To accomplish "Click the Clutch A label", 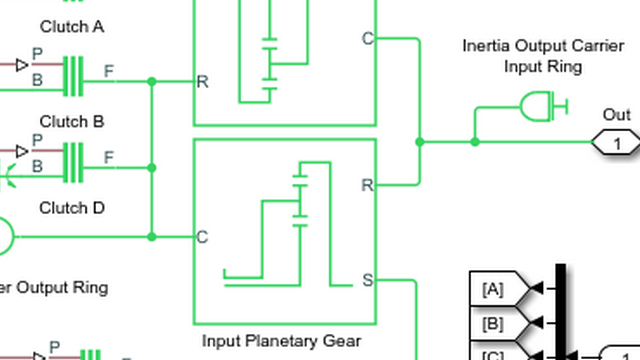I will coord(71,27).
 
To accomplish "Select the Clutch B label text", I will coord(71,122).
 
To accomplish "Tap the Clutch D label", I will coord(71,208).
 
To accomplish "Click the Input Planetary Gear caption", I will coord(281,341).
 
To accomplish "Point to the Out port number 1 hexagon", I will coord(617,143).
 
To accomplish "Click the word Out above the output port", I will coord(617,115).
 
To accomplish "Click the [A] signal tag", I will coord(494,289).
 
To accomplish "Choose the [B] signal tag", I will coord(494,323).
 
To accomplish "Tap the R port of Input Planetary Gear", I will coord(367,185).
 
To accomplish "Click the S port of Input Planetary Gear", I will coord(367,281).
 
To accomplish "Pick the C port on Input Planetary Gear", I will coord(202,237).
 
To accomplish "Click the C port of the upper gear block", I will coord(367,39).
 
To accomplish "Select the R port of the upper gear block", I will coord(202,81).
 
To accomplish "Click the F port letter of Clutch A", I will coord(109,71).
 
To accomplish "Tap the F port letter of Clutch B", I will coord(109,157).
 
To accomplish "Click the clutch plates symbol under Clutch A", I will coord(73,76).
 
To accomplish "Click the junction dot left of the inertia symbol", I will coord(475,142).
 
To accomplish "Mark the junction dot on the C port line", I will coord(152,237).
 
